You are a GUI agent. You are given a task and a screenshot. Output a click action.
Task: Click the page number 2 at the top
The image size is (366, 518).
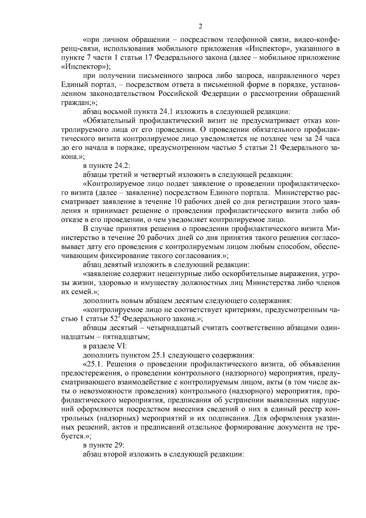coord(200,27)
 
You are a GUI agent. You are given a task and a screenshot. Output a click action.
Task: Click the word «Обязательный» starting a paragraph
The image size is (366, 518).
coord(111,121)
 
